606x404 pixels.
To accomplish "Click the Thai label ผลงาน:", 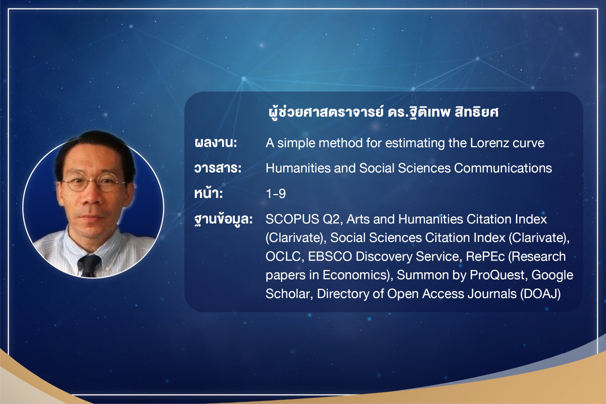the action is [x=216, y=143].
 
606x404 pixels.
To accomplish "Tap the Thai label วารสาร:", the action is [x=218, y=168].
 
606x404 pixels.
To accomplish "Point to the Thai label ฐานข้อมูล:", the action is [x=223, y=219].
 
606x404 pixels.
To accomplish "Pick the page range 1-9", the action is [x=276, y=194].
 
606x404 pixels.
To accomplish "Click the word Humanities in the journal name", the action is [x=298, y=168].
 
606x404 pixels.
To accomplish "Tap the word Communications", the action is [x=503, y=168].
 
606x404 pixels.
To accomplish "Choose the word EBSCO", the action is [x=330, y=256].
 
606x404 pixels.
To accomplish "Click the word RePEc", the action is [x=485, y=256].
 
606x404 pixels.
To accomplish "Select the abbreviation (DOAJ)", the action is [x=540, y=294].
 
